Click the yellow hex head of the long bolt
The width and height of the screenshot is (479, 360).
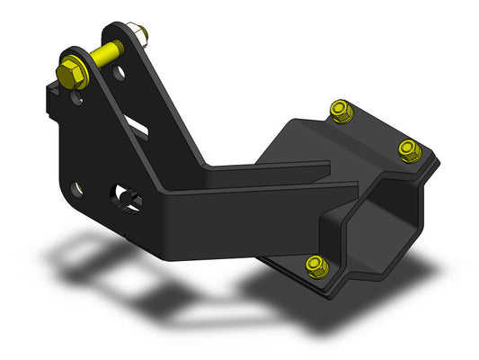[68, 70]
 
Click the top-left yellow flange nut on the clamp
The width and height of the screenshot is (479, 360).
[340, 111]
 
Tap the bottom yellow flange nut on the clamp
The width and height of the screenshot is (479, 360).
[315, 263]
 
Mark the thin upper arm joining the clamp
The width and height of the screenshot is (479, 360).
[270, 167]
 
